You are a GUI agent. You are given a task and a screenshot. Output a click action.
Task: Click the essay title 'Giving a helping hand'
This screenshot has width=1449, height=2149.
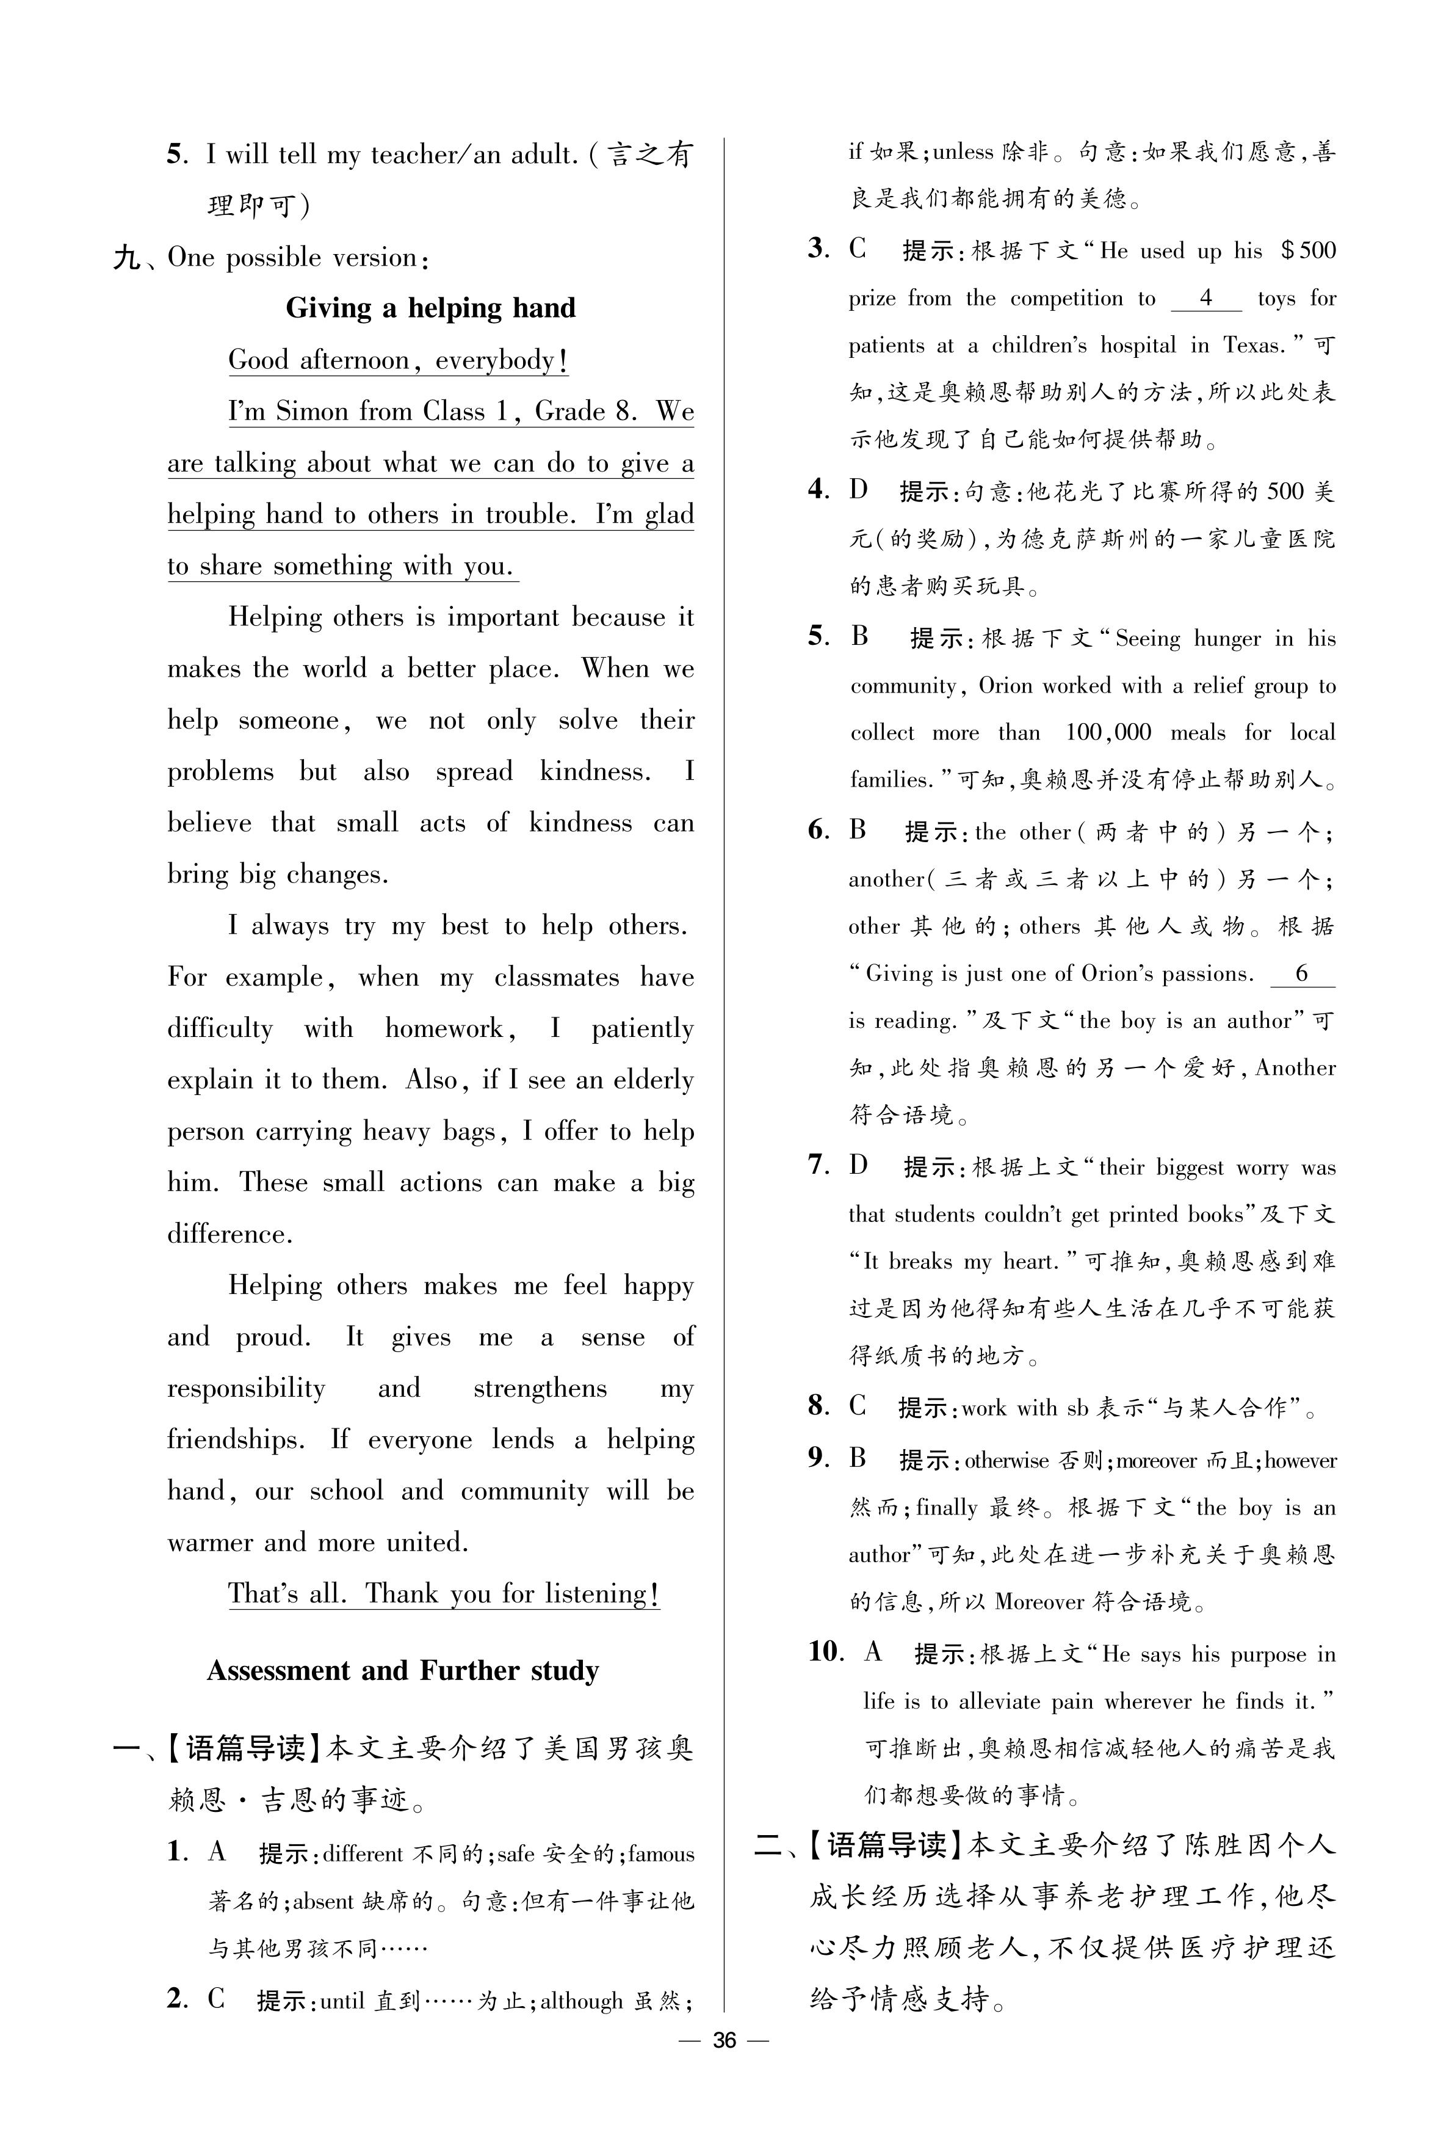pos(431,308)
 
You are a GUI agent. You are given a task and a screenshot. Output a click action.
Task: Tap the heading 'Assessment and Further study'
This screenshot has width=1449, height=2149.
pos(403,1671)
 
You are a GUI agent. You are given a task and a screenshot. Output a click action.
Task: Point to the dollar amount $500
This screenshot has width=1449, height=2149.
pos(1307,250)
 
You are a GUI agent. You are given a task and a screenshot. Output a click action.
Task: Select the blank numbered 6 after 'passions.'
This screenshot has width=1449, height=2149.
pos(1301,973)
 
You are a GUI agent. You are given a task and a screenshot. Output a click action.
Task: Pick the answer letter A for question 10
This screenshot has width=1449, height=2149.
pos(873,1651)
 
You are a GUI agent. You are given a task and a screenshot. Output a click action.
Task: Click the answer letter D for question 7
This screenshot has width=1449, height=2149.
pos(859,1165)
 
